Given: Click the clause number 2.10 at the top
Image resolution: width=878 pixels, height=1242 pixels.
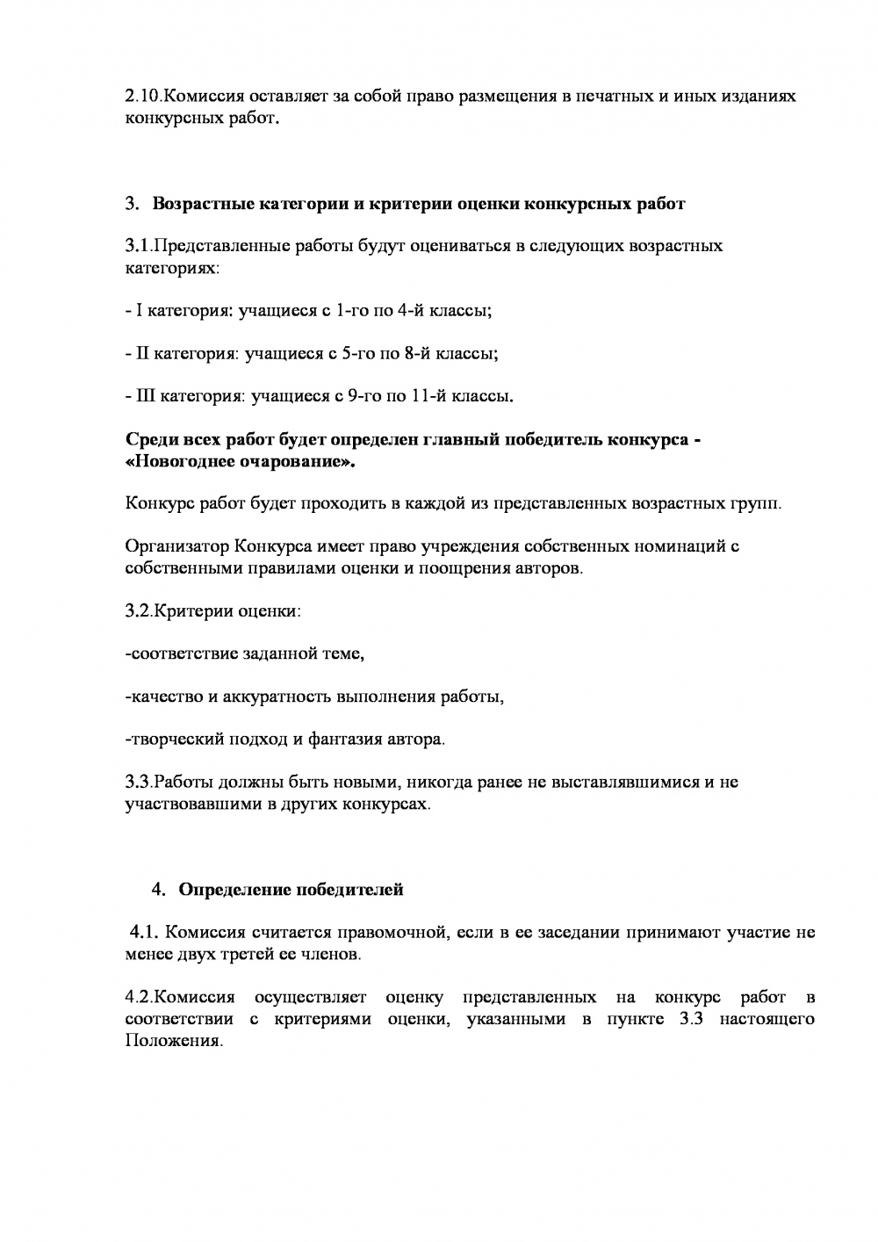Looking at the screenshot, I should click(144, 96).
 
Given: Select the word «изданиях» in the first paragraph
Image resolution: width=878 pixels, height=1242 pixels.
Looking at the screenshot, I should click(758, 96).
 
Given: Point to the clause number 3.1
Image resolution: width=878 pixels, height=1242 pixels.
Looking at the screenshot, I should click(140, 245).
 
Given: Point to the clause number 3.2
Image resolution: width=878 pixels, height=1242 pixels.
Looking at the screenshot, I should click(140, 610).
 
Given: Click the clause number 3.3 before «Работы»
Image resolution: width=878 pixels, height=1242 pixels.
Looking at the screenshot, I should click(140, 782).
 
